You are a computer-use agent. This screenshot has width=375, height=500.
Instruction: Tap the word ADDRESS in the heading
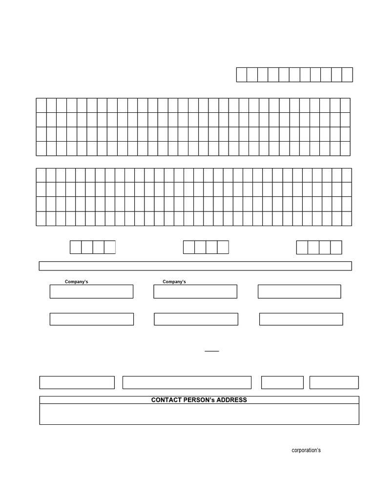point(232,400)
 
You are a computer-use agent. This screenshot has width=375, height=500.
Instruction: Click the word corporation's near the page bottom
point(306,450)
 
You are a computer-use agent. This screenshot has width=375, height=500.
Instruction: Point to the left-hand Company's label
point(77,282)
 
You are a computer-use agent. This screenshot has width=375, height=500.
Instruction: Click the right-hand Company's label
point(174,282)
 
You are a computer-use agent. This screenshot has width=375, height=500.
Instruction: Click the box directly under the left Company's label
point(91,292)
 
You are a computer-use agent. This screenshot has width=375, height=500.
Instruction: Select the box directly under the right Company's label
point(195,292)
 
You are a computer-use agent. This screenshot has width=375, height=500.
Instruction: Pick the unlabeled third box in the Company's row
point(299,292)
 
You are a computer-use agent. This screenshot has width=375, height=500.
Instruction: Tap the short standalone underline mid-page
point(211,351)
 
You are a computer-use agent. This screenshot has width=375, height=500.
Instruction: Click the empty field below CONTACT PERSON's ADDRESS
point(199,414)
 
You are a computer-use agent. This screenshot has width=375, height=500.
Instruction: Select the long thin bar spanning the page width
point(195,266)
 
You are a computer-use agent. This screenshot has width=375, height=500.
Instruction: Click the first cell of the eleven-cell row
point(242,75)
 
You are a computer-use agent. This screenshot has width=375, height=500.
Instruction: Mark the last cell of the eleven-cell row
point(347,75)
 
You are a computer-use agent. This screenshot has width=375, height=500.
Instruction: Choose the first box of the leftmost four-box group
point(76,247)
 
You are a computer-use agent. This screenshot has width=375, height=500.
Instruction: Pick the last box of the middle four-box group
point(223,247)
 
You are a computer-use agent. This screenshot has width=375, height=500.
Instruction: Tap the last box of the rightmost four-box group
point(336,247)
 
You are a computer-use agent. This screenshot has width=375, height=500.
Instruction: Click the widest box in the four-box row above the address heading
point(187,382)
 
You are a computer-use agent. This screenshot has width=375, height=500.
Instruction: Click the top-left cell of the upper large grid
point(41,105)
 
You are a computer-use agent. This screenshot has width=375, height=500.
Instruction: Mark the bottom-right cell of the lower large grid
point(347,219)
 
